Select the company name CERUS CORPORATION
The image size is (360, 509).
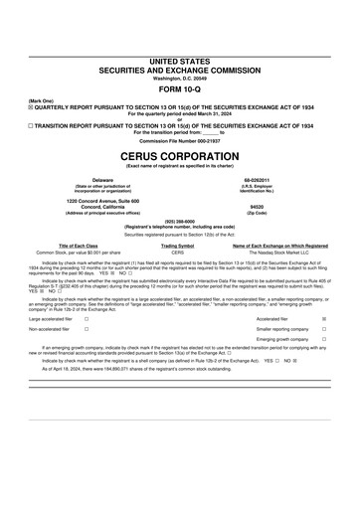[179, 158]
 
